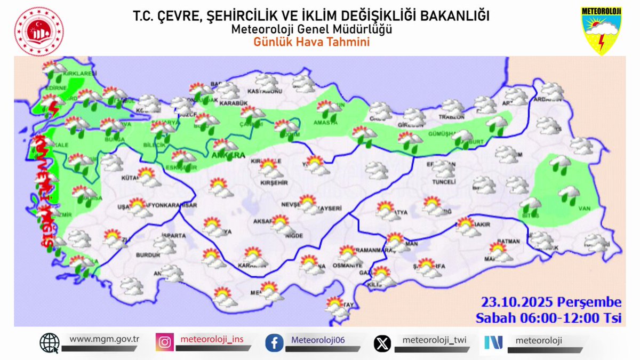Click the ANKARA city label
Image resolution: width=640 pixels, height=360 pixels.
coord(228,156)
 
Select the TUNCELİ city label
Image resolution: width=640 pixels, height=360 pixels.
coord(443,181)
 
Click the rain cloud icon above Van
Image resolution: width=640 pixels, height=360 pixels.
coord(569,195)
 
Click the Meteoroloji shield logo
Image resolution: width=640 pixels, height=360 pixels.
coord(601,30)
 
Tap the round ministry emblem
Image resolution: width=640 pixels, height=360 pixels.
coord(38,31)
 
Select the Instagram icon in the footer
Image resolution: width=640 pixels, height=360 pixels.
coord(165,342)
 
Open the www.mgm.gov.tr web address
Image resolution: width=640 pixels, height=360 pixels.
coord(105,339)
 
